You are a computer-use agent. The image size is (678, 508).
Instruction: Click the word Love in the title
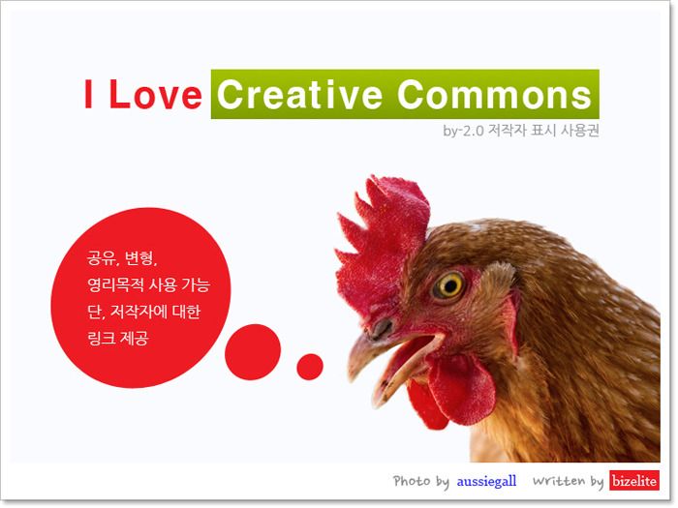click(156, 94)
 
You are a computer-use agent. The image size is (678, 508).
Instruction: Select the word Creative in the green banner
click(299, 94)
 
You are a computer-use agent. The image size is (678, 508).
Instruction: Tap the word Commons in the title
click(494, 94)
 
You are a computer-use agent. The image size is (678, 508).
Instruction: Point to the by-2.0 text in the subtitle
click(463, 130)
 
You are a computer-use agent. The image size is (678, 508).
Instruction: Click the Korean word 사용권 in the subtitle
click(579, 130)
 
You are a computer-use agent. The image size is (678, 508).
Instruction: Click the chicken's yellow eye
click(449, 285)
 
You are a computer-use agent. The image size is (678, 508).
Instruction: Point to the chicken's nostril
click(382, 328)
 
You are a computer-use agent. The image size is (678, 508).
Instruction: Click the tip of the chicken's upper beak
click(352, 378)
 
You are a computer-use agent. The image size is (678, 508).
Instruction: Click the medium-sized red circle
click(253, 352)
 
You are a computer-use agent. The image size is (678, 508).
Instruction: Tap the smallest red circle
click(310, 367)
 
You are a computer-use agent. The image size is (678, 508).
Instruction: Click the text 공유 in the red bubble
click(101, 258)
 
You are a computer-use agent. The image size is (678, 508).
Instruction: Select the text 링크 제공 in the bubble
click(117, 338)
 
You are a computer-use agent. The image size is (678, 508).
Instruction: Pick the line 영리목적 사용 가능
click(148, 284)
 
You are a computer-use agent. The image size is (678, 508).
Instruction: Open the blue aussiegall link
click(487, 481)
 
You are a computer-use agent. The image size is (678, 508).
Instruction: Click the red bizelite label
click(634, 481)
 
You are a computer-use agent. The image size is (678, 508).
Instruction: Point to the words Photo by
click(420, 481)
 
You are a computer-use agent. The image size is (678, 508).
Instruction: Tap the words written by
click(568, 481)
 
